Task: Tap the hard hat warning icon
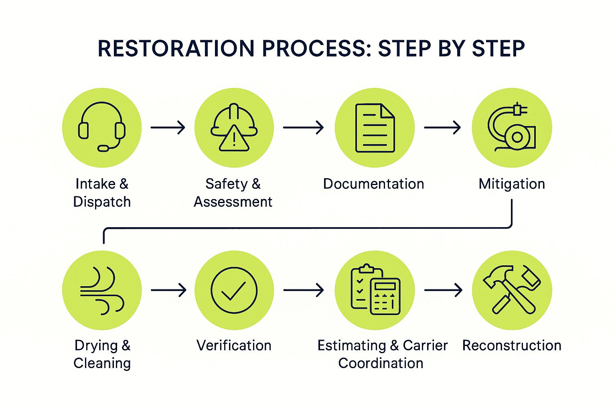tap(234, 128)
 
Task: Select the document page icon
tap(375, 128)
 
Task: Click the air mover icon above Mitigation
tap(512, 128)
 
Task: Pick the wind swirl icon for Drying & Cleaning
tap(102, 290)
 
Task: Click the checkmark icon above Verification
tap(234, 290)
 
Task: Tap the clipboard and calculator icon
tap(375, 290)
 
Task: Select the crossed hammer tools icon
tap(512, 290)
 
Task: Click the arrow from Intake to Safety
tap(168, 128)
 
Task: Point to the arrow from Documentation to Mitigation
tap(442, 128)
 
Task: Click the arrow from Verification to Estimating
tap(304, 290)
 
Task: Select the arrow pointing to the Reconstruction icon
tap(443, 290)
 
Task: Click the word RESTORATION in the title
tap(176, 49)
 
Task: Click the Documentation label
tap(374, 184)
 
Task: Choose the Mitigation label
tap(512, 184)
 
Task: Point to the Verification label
tap(234, 346)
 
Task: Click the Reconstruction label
tap(512, 346)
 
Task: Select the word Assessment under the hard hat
tap(233, 202)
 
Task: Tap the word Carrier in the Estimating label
tap(425, 346)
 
